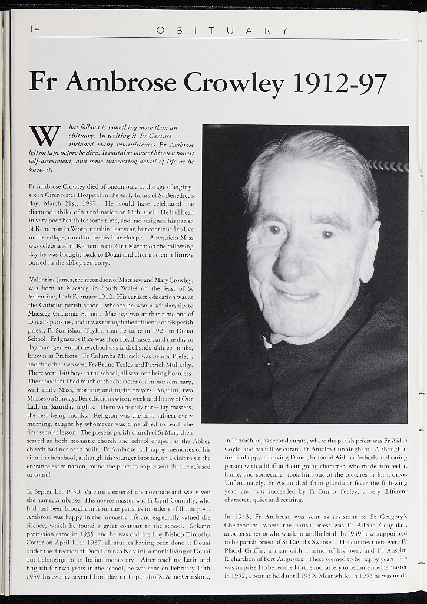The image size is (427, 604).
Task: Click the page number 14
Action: click(34, 29)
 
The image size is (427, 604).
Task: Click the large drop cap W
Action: click(44, 136)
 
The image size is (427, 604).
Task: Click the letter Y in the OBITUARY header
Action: click(285, 31)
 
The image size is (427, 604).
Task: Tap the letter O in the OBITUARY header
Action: click(160, 31)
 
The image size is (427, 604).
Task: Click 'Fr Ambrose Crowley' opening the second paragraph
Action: click(56, 186)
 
